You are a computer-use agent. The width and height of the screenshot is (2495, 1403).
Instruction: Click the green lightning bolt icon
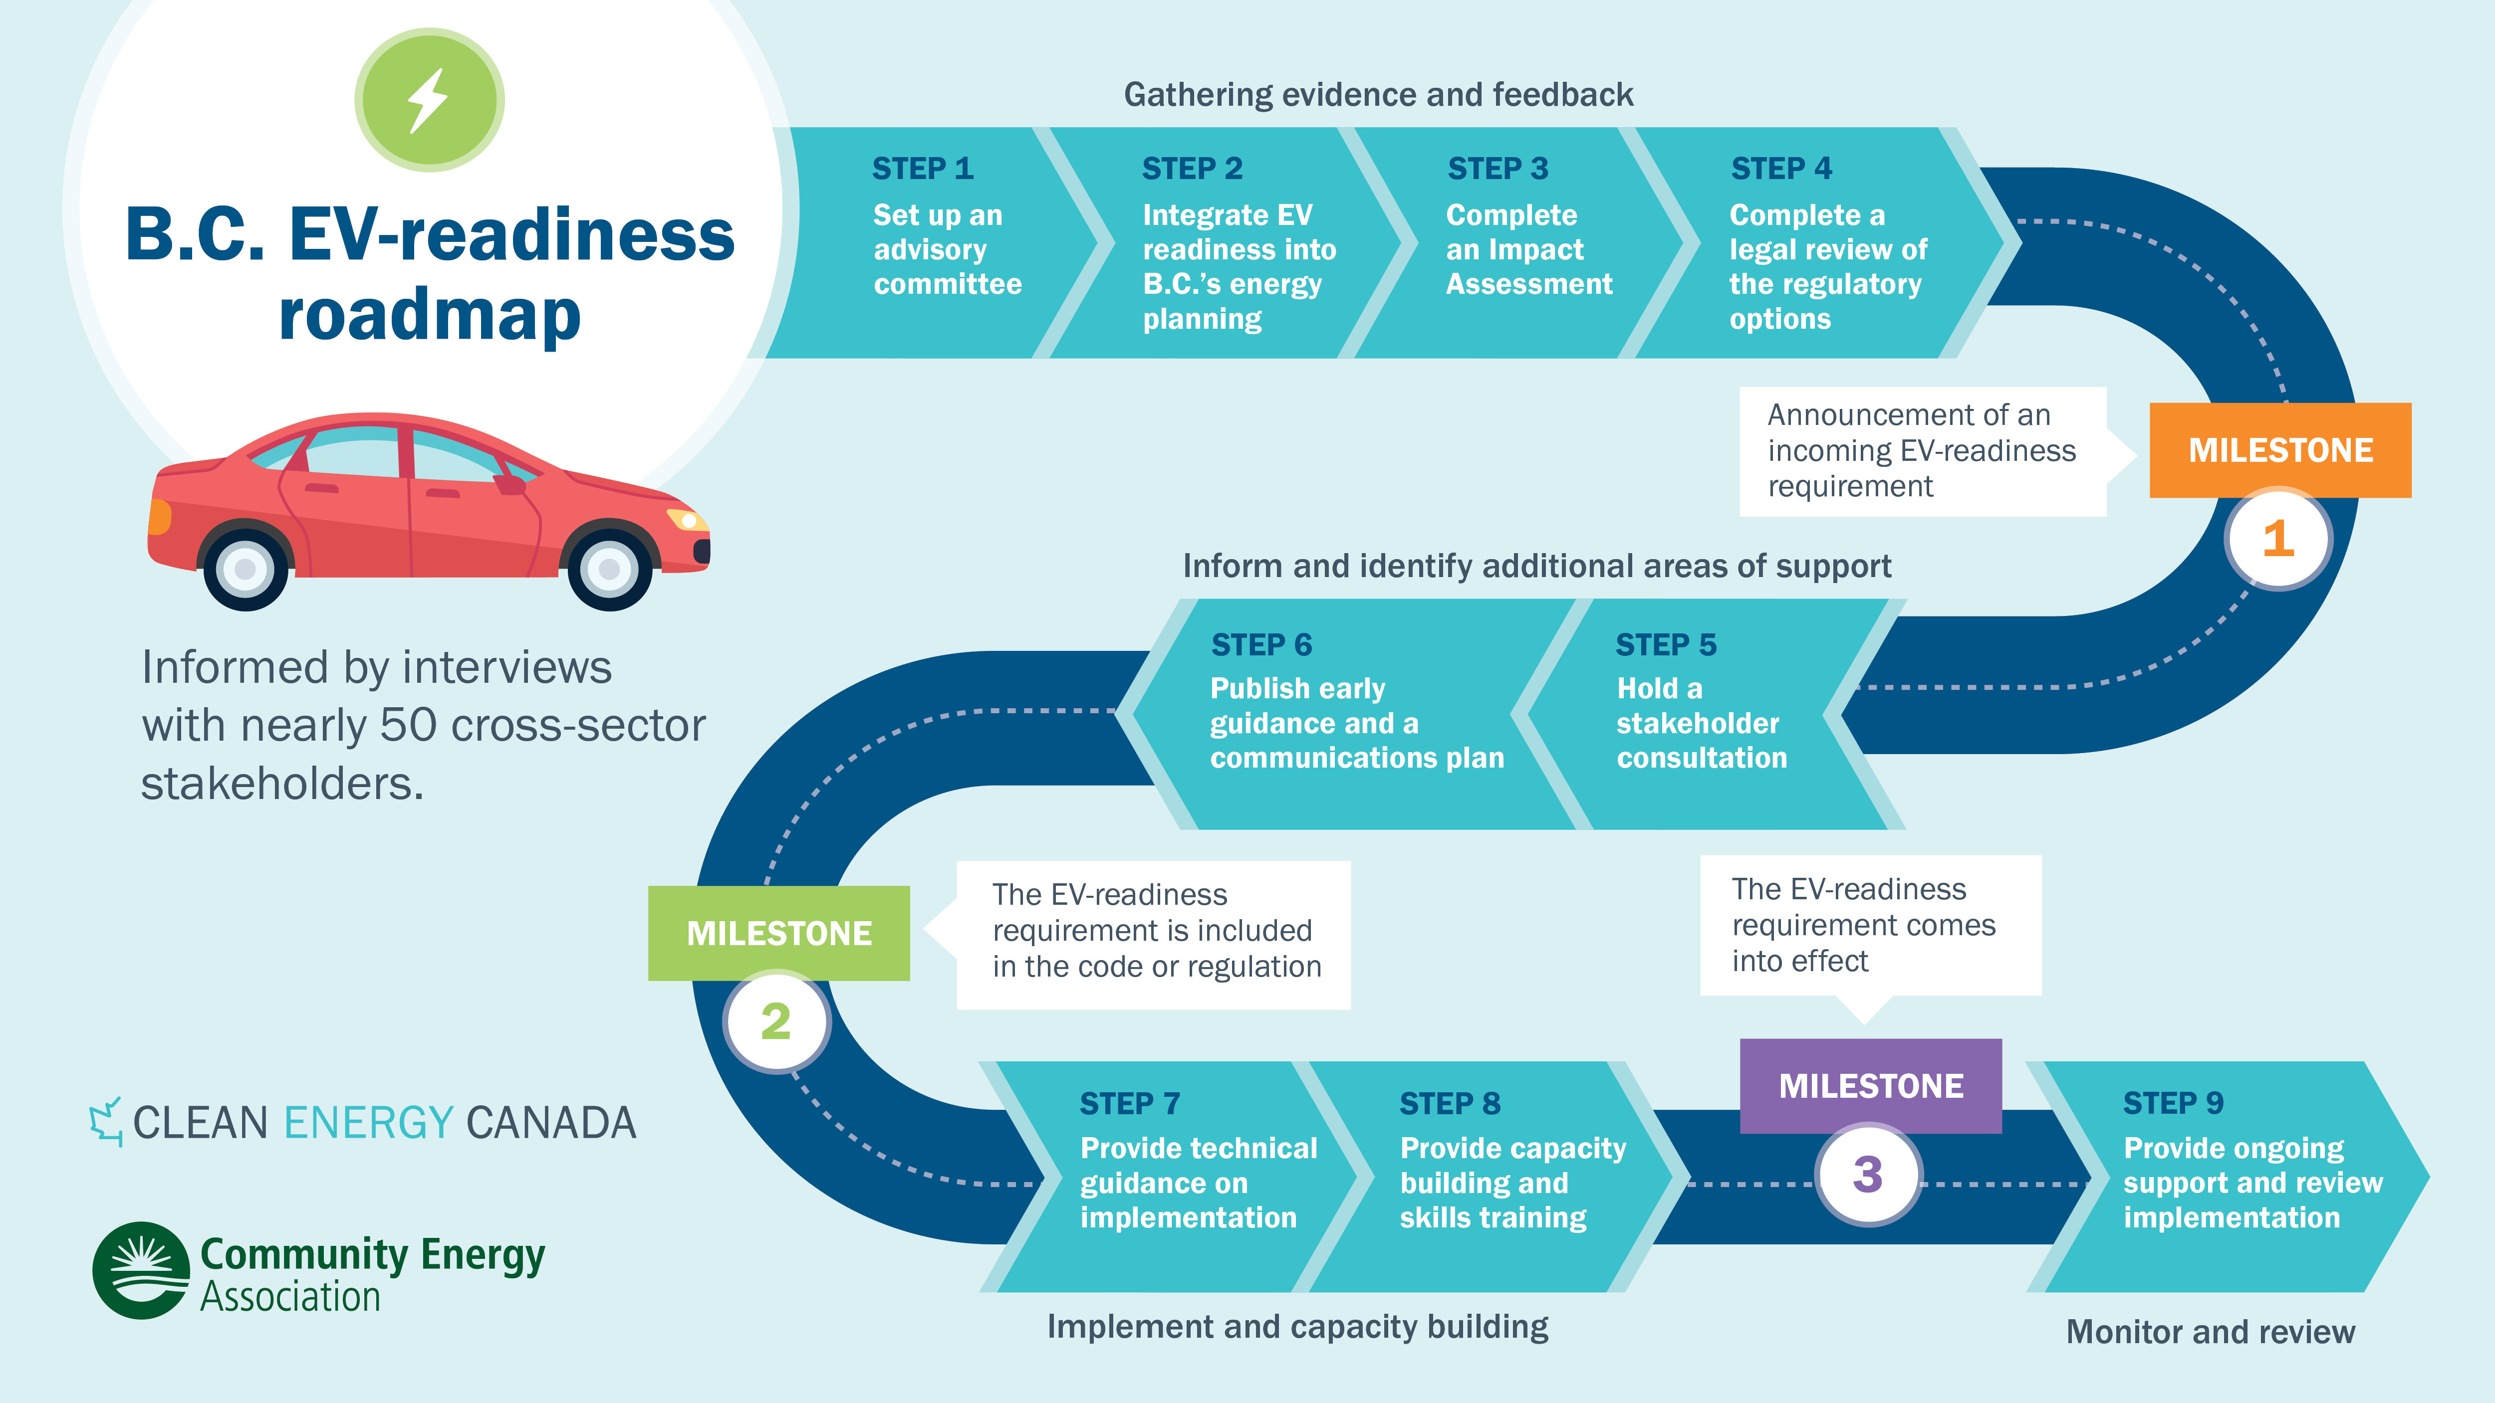(x=429, y=100)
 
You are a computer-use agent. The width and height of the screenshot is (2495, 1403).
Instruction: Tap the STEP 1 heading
(x=922, y=169)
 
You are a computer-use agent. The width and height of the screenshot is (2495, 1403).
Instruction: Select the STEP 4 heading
(x=1781, y=169)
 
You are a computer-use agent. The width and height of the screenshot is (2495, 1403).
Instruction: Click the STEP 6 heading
(x=1261, y=645)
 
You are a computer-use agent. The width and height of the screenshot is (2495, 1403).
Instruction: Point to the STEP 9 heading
(x=2173, y=1103)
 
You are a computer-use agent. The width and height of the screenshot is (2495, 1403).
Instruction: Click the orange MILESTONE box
(x=2280, y=450)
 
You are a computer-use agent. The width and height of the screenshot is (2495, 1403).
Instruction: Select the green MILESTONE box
(x=779, y=933)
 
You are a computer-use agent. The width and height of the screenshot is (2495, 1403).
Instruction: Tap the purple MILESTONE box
(x=1870, y=1085)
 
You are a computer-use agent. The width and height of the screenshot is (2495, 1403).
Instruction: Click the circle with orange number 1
(x=2278, y=538)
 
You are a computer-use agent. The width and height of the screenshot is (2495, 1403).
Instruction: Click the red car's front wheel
(x=609, y=569)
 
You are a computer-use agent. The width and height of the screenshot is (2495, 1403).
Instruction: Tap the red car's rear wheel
(x=246, y=569)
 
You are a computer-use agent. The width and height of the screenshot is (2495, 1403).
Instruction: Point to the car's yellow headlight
(x=689, y=521)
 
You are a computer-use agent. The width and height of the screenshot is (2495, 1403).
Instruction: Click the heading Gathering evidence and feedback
(x=1378, y=95)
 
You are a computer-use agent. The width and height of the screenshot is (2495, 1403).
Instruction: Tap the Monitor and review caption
(x=2210, y=1332)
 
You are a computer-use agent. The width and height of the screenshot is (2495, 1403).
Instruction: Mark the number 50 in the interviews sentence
(x=408, y=725)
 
